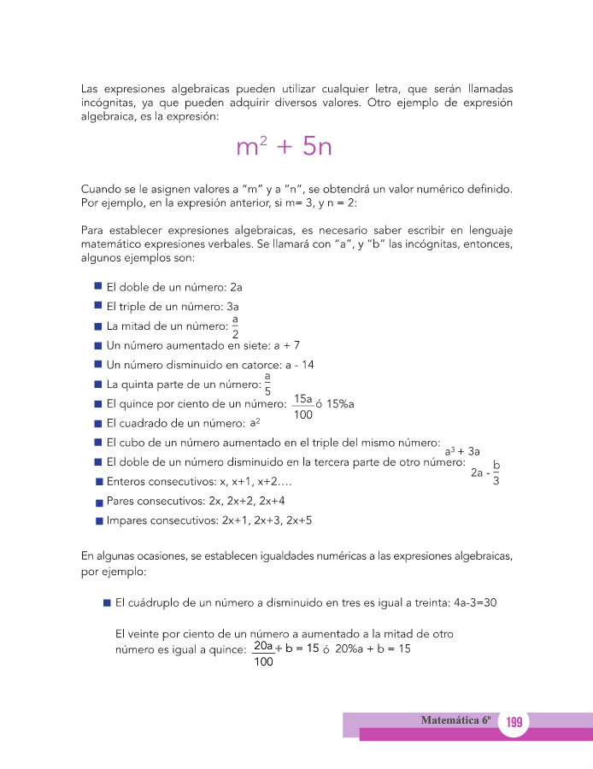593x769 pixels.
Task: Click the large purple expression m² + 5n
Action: click(x=283, y=147)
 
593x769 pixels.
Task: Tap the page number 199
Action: click(x=514, y=723)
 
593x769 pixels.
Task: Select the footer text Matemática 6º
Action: click(x=457, y=720)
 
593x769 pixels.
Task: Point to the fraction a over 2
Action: click(x=235, y=326)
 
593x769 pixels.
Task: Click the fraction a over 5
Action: click(x=267, y=384)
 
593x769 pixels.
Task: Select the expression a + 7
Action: click(x=282, y=345)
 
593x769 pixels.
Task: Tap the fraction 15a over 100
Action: click(x=302, y=407)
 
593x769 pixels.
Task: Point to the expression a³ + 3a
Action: click(x=462, y=451)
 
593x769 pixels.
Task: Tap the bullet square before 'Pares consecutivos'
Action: click(x=99, y=502)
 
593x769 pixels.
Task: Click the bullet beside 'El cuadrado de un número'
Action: click(x=98, y=423)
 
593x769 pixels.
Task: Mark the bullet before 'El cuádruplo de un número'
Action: click(x=107, y=602)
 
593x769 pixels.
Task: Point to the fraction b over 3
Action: click(x=496, y=473)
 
